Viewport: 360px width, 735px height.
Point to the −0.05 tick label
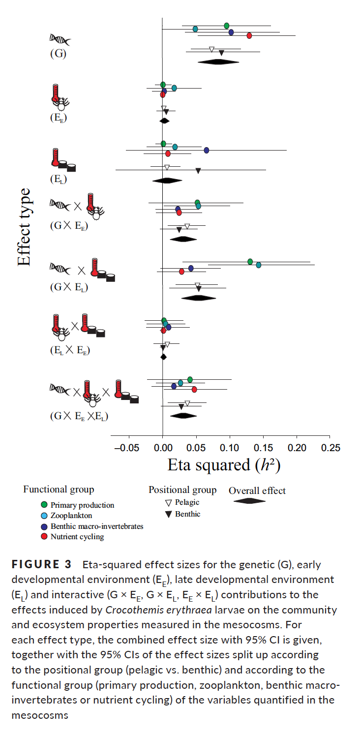[126, 448]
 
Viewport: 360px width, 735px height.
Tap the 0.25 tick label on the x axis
[330, 448]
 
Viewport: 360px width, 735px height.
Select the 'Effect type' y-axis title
[24, 227]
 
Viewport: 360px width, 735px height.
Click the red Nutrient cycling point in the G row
[249, 35]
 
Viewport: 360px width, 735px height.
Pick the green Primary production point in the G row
[226, 26]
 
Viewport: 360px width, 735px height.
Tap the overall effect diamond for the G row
[218, 61]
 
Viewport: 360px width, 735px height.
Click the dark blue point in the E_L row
[207, 150]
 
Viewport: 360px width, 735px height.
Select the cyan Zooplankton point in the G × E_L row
[259, 265]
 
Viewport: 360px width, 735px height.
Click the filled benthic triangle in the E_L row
[198, 171]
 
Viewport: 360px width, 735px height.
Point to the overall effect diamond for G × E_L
[199, 298]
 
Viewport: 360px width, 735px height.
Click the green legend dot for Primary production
[44, 505]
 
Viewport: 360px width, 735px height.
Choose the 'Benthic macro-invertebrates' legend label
[97, 526]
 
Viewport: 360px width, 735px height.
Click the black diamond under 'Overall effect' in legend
[249, 501]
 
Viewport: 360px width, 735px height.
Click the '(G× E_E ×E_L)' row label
[79, 416]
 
